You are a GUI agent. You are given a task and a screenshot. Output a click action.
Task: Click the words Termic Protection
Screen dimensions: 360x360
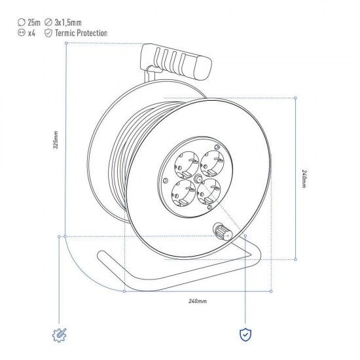81,33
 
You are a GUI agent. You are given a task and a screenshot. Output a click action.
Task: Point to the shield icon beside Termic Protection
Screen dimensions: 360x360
48,33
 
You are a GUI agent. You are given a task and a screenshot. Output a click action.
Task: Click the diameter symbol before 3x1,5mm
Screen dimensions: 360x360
48,22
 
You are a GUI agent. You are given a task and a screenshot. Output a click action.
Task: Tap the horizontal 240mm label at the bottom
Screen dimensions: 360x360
198,300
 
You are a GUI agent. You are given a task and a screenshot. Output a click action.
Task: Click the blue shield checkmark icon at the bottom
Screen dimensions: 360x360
244,335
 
